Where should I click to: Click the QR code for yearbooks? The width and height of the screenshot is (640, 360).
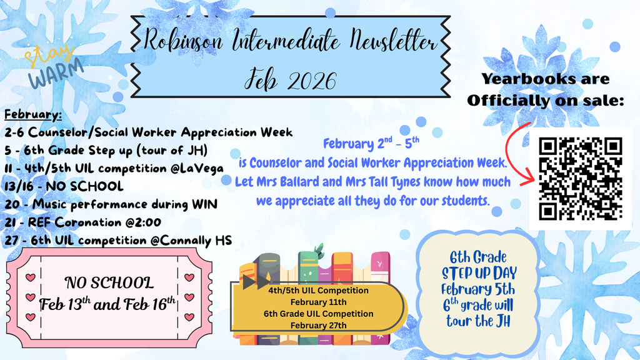click(580, 179)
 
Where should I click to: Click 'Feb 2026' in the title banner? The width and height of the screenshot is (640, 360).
click(291, 81)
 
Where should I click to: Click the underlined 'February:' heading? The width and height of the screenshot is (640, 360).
click(33, 115)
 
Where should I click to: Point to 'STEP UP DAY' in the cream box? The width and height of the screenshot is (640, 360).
click(480, 273)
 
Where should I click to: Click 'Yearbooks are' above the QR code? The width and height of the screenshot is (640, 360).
click(545, 79)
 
